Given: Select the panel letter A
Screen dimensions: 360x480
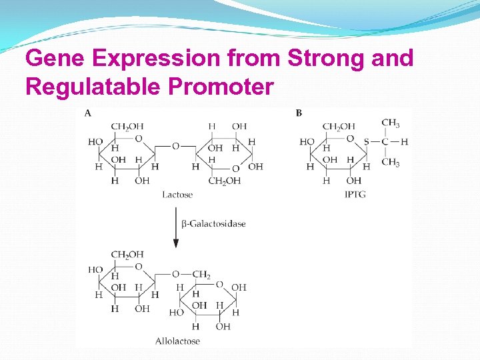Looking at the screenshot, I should coord(88,113).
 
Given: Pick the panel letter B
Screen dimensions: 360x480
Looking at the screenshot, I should coord(299,113).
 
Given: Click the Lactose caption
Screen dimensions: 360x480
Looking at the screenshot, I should coord(177,195).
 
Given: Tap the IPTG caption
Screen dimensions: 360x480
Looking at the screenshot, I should coord(355,195).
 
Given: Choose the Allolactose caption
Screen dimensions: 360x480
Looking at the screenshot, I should coord(177,341).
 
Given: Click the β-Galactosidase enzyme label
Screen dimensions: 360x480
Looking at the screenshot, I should coord(213,224).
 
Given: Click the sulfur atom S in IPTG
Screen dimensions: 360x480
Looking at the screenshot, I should coord(366,142).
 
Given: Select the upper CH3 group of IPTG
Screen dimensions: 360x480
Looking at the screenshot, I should coord(390,123).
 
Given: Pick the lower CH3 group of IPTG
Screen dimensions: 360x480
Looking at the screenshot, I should coord(390,163).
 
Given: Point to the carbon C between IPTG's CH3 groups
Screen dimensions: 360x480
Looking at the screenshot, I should coord(385,142).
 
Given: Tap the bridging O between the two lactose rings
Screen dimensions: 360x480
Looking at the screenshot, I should coord(175,145).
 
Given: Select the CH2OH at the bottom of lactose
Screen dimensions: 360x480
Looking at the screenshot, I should coord(225,181).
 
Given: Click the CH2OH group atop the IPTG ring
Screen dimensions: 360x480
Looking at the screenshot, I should coord(339,127).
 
